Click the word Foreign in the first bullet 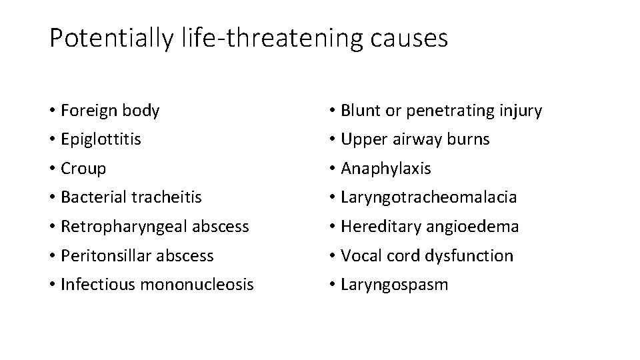(x=85, y=111)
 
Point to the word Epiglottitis (x=101, y=139)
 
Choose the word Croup (x=83, y=169)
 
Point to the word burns (x=469, y=139)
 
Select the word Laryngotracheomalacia (x=429, y=197)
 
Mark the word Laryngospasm (x=395, y=285)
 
